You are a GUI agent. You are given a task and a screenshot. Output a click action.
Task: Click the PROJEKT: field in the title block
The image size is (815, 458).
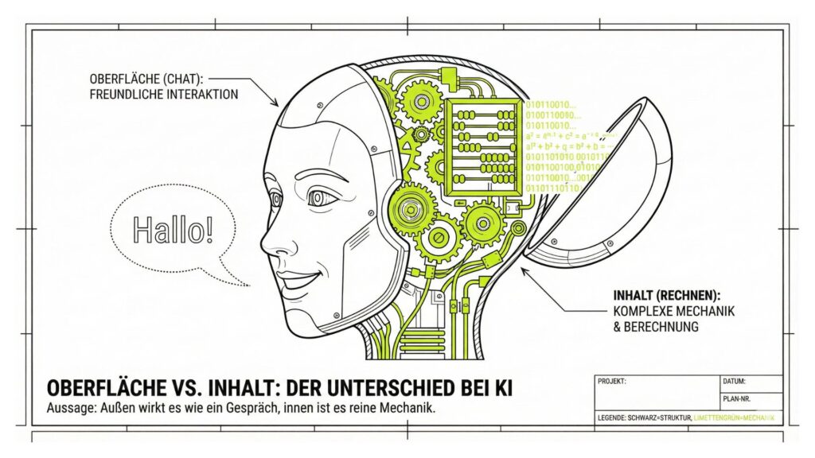tap(612, 382)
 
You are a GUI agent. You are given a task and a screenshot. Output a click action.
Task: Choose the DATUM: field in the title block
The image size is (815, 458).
tap(735, 382)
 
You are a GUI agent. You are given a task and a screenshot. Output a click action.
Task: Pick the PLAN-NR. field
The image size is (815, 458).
tap(737, 399)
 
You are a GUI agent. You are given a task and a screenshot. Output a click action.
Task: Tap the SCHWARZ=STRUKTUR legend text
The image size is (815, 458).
tap(658, 418)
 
